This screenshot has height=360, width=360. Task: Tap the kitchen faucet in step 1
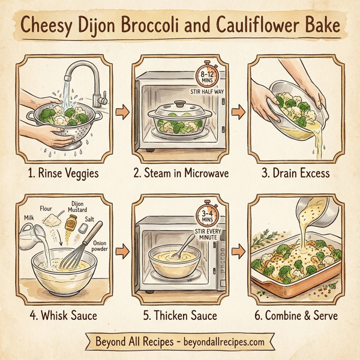(84, 75)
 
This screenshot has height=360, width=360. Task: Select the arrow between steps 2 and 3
(238, 112)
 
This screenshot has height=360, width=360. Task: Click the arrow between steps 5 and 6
(238, 247)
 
